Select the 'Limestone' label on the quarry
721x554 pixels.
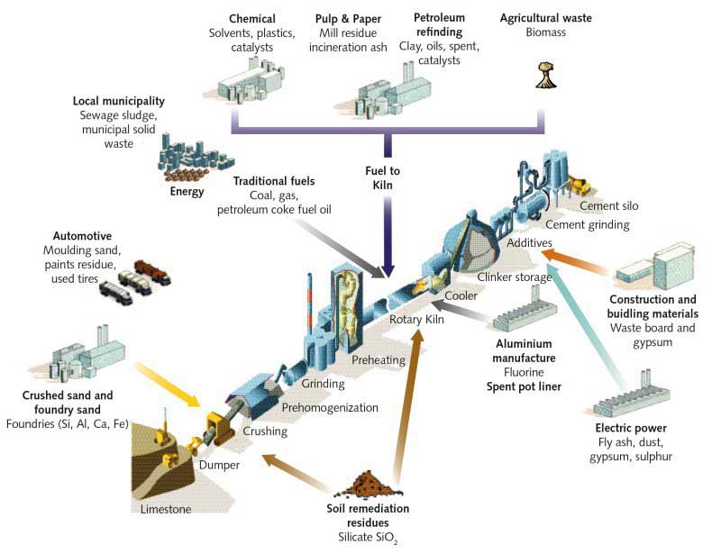[x=166, y=510]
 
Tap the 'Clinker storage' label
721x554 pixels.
[x=513, y=277]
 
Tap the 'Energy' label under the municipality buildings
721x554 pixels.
[x=187, y=192]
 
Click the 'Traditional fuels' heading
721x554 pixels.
[x=268, y=181]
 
